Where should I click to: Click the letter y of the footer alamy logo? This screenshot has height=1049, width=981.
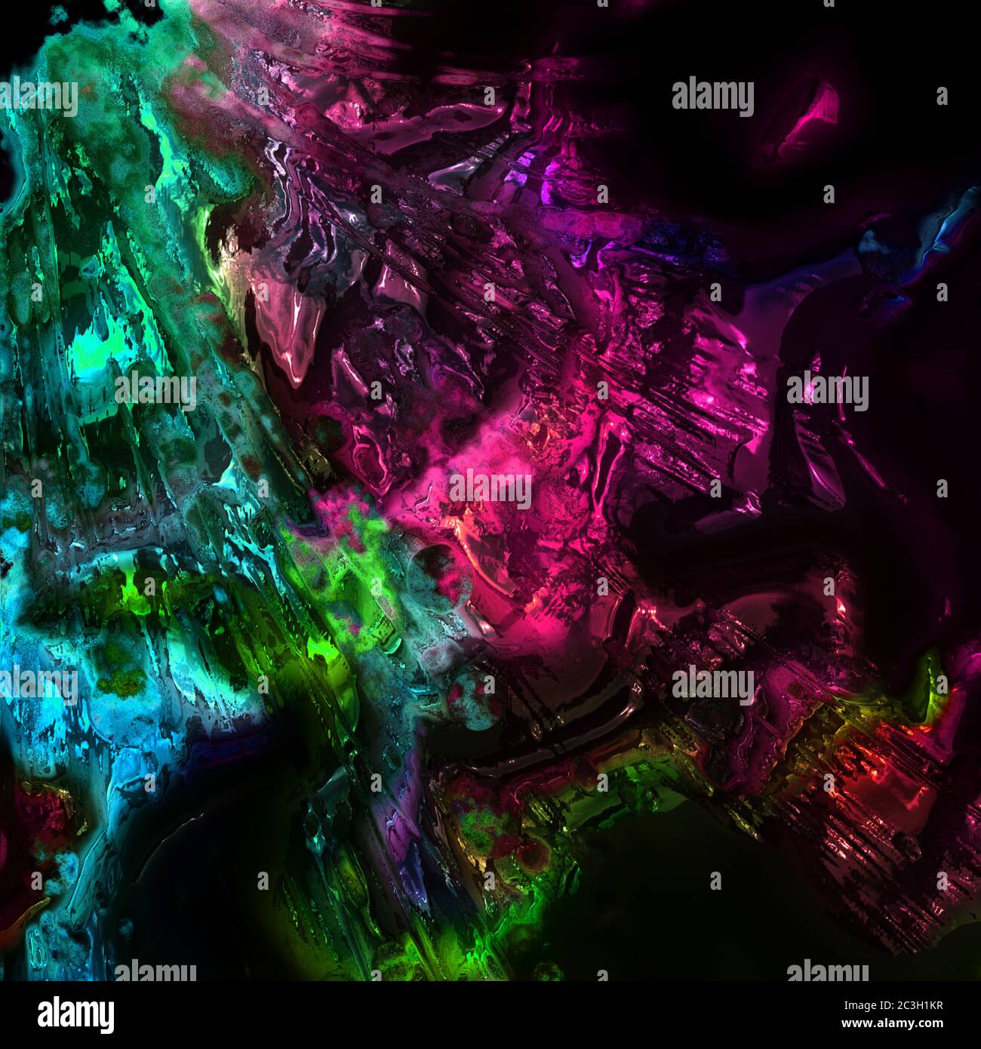pos(106,1018)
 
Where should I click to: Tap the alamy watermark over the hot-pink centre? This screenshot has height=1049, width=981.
pos(490,489)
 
